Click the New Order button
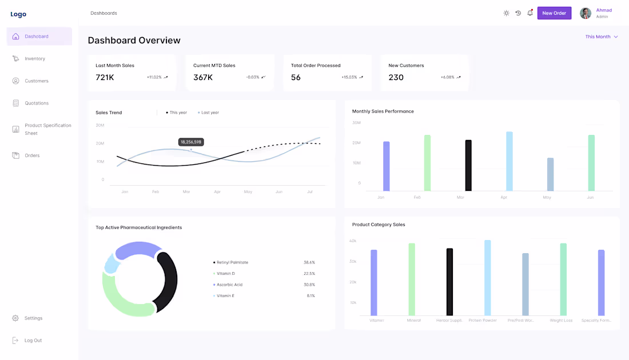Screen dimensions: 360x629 click(x=554, y=13)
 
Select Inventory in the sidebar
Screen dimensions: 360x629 click(x=35, y=59)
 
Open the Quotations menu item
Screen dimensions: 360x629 click(x=37, y=103)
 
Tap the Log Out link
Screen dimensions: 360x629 click(x=33, y=341)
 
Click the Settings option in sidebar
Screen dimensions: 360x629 click(x=33, y=318)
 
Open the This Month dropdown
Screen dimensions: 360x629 click(x=601, y=37)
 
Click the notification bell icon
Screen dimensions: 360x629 click(x=530, y=13)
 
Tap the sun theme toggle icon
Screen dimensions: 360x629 click(x=506, y=13)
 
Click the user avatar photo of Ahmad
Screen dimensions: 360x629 click(x=586, y=13)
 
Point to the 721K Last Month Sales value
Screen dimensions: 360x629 click(x=105, y=78)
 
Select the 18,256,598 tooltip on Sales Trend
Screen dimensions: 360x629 click(x=191, y=142)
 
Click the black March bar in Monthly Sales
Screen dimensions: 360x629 click(x=468, y=165)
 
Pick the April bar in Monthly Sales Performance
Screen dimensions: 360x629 click(x=509, y=161)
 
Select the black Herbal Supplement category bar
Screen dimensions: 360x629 click(x=449, y=282)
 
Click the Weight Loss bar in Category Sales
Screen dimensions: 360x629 click(x=563, y=279)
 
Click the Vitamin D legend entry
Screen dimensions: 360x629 click(x=226, y=274)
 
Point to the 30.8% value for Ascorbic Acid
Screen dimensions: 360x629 click(x=309, y=285)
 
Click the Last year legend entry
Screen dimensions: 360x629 click(x=209, y=113)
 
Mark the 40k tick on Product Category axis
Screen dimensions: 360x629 click(x=353, y=241)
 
